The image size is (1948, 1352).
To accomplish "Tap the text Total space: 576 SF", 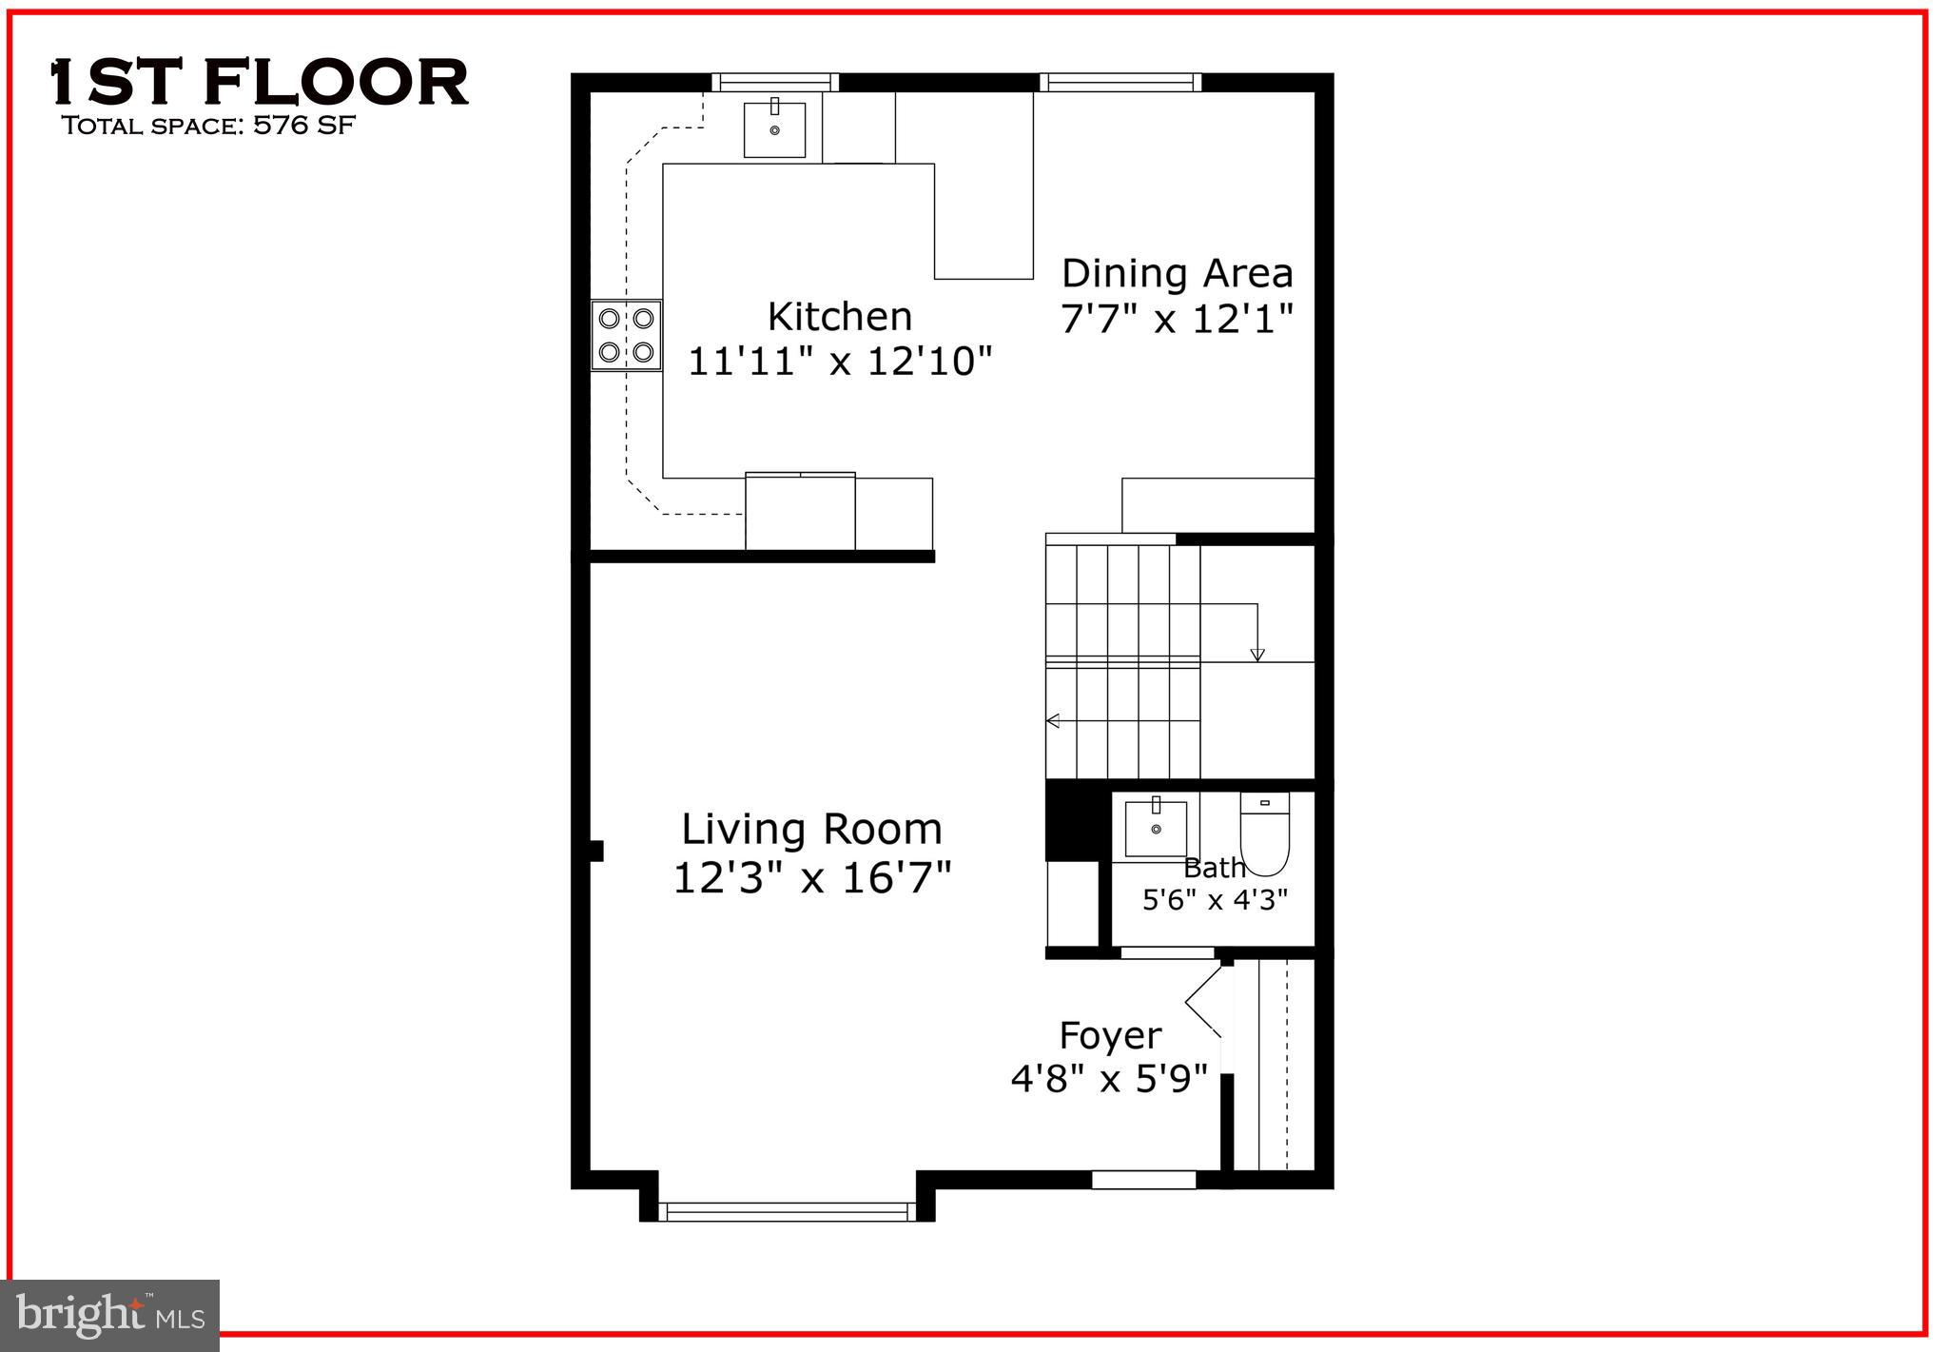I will (208, 126).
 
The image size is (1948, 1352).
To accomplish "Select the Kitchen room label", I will (839, 316).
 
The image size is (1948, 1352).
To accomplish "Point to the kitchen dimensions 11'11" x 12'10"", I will (839, 362).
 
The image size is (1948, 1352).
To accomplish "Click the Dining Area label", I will (1177, 274).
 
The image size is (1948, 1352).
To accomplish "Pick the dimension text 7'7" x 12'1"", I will (1177, 320).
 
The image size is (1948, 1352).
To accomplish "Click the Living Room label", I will (811, 829).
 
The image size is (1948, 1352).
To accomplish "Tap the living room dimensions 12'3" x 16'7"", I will (811, 877).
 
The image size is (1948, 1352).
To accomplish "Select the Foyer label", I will (1110, 1035).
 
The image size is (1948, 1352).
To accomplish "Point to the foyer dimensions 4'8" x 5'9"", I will (1109, 1079).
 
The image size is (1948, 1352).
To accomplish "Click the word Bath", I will (1214, 868).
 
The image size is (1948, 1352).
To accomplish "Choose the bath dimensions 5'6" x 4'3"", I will (1215, 899).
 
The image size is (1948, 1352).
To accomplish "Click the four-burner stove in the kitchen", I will (626, 335).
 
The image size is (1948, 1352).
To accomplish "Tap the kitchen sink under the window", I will (774, 129).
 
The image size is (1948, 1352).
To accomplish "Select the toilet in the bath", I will (1264, 834).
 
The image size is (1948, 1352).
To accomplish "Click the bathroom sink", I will (1156, 829).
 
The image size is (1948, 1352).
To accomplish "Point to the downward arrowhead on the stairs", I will (1257, 655).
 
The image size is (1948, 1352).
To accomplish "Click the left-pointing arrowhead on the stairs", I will (1052, 720).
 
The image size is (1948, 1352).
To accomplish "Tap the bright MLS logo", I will (110, 1315).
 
